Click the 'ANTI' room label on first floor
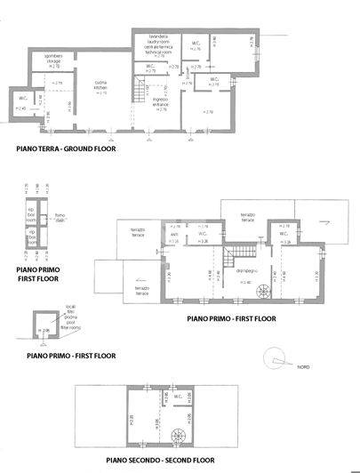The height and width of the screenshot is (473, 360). coord(174,236)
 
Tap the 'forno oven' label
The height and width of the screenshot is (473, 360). coord(60,214)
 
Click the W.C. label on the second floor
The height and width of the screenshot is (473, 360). coord(179,397)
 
